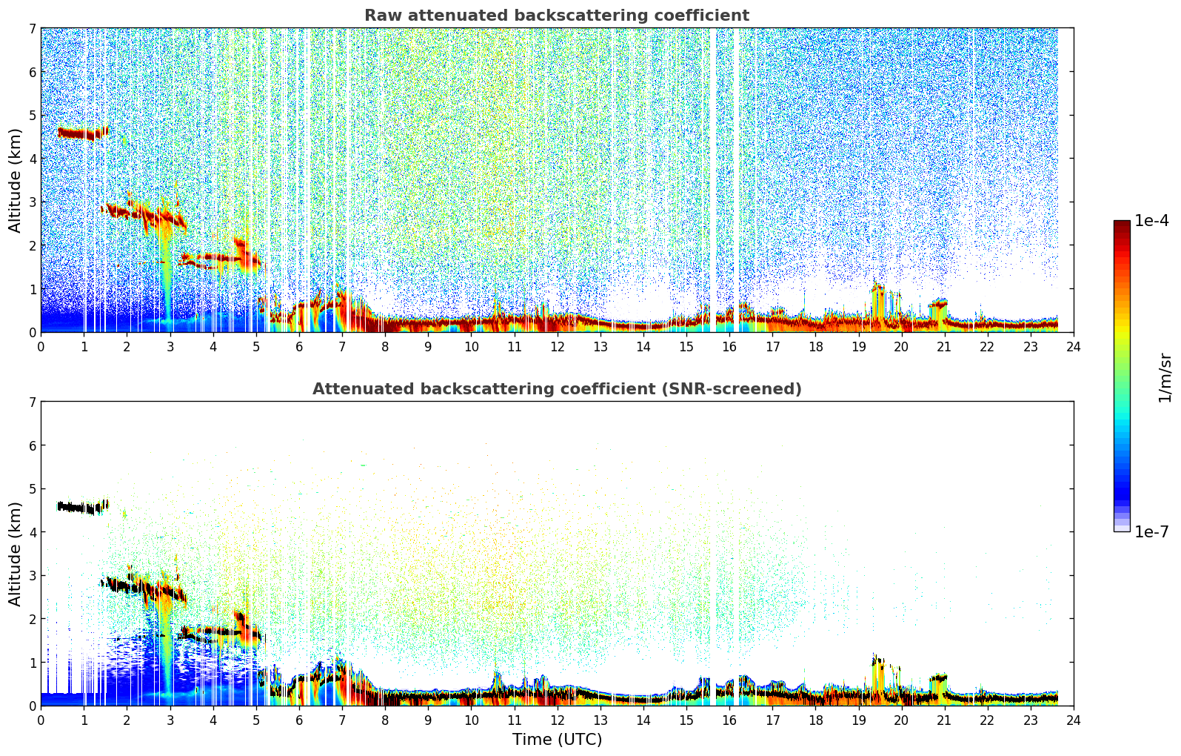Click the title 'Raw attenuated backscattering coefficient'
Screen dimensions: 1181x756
pyautogui.click(x=557, y=16)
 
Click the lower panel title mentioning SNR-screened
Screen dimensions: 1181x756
pyautogui.click(x=557, y=389)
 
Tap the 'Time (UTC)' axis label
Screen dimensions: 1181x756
pyautogui.click(x=557, y=740)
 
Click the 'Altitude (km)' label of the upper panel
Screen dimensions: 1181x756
pyautogui.click(x=15, y=181)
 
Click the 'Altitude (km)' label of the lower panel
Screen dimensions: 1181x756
pyautogui.click(x=15, y=554)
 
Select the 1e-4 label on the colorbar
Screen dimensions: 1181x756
pyautogui.click(x=1151, y=221)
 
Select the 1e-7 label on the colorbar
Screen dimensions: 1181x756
pyautogui.click(x=1151, y=531)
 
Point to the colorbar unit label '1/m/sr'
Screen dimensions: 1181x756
pyautogui.click(x=1165, y=378)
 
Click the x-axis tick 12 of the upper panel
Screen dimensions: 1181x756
pyautogui.click(x=558, y=347)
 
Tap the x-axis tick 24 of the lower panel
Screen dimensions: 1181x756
pyautogui.click(x=1074, y=720)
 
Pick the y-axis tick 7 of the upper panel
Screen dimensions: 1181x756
pyautogui.click(x=32, y=28)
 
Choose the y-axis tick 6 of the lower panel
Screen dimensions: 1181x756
pyautogui.click(x=32, y=445)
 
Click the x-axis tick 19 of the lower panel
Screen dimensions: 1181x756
pyautogui.click(x=858, y=720)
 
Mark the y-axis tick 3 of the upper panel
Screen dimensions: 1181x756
pyautogui.click(x=32, y=202)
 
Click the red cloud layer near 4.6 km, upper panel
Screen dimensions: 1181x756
pyautogui.click(x=83, y=133)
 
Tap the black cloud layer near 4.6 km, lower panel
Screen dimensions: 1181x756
pyautogui.click(x=83, y=508)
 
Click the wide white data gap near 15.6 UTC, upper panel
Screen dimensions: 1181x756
pyautogui.click(x=713, y=180)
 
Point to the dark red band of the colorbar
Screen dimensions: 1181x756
pyautogui.click(x=1122, y=226)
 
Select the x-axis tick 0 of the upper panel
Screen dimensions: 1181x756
pyautogui.click(x=41, y=347)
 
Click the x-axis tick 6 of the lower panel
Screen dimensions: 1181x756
pyautogui.click(x=299, y=720)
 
